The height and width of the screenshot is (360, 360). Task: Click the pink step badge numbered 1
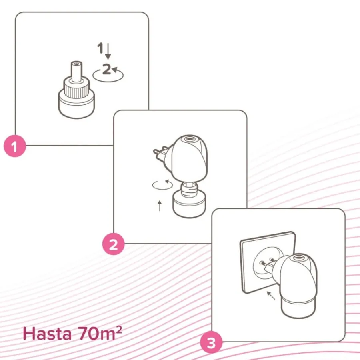15,146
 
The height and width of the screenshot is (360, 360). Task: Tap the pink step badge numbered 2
114,244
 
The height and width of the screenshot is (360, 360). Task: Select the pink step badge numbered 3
211,342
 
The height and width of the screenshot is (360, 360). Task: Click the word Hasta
47,334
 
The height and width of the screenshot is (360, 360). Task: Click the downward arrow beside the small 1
108,51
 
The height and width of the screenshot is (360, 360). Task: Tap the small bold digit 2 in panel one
106,69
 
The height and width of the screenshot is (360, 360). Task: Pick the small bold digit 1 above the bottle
100,48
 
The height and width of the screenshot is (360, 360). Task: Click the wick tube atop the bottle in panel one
76,71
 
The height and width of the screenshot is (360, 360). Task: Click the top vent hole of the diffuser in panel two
190,139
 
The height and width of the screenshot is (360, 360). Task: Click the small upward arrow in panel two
160,206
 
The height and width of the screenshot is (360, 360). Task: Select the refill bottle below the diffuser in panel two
190,200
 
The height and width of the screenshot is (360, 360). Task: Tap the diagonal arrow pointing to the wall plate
271,296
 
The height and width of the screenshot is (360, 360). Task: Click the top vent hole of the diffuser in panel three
298,258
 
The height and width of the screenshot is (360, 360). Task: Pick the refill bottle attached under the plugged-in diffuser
298,308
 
